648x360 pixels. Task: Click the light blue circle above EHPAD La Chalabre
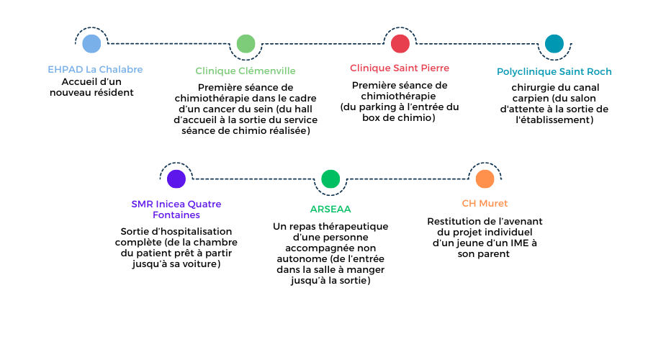click(x=91, y=44)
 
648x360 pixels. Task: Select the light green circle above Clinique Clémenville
click(x=246, y=44)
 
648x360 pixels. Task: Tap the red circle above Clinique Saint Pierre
click(x=400, y=44)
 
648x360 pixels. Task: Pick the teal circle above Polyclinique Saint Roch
click(x=554, y=44)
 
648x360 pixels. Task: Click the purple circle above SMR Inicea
click(x=176, y=179)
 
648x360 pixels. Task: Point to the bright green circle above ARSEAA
click(x=330, y=179)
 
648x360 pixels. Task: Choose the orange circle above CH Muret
click(x=485, y=179)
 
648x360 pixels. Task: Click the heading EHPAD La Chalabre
click(x=95, y=69)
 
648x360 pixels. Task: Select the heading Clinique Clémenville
click(x=246, y=71)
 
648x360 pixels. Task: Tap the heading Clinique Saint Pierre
click(x=400, y=68)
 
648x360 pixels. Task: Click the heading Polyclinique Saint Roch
click(x=554, y=72)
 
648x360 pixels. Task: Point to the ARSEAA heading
click(x=330, y=209)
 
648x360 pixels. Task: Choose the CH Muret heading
click(x=485, y=203)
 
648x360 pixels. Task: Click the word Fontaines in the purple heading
click(x=176, y=215)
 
